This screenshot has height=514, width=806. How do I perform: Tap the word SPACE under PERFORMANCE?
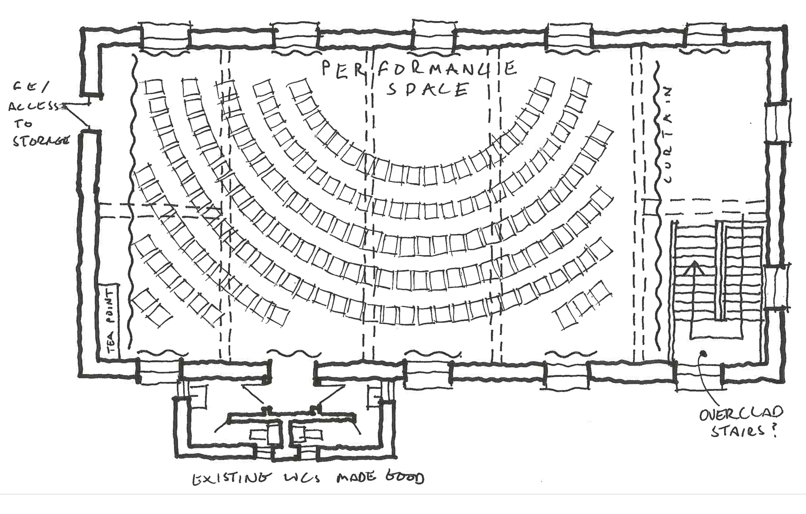tap(427, 89)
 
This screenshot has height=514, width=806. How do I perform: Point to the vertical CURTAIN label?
tap(667, 135)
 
